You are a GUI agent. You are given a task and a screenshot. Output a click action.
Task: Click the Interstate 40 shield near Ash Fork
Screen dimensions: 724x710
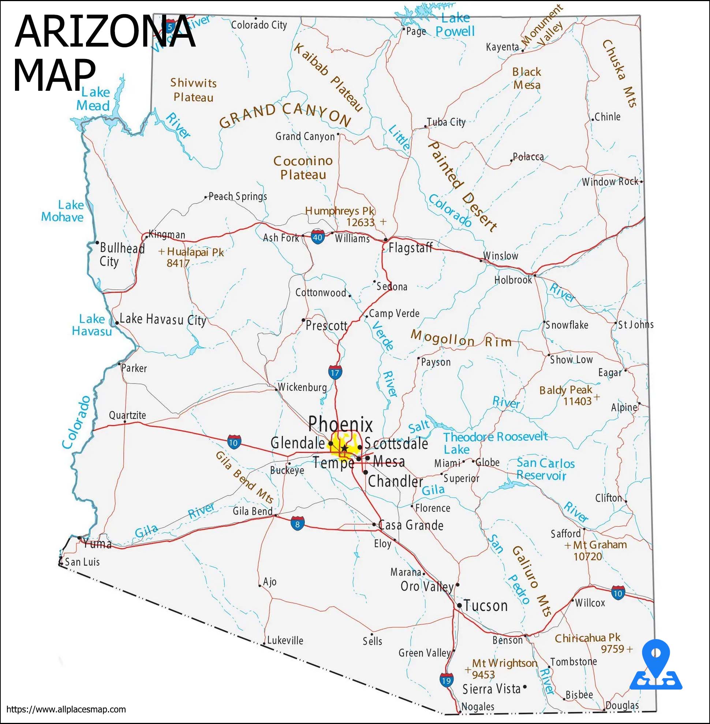coord(317,237)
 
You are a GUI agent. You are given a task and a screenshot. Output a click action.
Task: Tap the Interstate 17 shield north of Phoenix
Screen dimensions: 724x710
coord(335,372)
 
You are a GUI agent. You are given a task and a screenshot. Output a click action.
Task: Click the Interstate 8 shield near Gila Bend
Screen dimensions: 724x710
coord(297,524)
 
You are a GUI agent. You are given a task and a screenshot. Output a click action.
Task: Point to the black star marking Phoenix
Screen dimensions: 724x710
coord(344,448)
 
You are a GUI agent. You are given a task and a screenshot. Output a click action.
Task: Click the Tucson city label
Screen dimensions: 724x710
coord(486,606)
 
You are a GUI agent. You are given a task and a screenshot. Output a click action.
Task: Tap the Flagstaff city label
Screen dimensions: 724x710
coord(410,248)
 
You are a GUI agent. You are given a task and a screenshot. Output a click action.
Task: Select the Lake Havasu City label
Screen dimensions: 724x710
coord(163,319)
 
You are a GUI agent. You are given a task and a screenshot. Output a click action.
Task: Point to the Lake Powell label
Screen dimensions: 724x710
coord(455,25)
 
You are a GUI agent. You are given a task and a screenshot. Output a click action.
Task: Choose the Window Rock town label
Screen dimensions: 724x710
coord(610,182)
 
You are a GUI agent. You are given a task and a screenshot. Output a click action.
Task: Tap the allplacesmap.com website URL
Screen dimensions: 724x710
coord(66,709)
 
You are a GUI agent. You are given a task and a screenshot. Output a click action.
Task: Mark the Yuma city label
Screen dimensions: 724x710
coord(97,544)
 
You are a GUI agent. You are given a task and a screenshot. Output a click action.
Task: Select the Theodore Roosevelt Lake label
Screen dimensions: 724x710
coord(495,443)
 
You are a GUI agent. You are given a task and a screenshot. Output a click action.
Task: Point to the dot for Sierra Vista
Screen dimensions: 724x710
coord(525,687)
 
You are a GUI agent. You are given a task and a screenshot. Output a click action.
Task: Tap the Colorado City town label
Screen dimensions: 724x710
coord(259,25)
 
